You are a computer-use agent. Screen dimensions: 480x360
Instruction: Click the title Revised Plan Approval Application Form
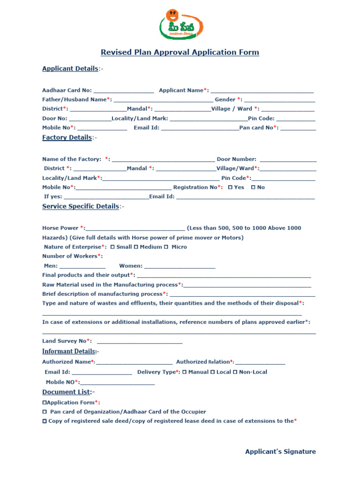click(180, 52)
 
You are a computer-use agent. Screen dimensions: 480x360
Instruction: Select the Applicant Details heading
click(70, 68)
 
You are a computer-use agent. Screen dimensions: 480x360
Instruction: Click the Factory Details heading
click(67, 137)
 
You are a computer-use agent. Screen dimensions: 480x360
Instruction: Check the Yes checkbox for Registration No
click(230, 187)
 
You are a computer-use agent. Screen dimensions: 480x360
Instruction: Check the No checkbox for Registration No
click(253, 187)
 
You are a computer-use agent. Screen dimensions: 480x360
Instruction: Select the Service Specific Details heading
click(81, 206)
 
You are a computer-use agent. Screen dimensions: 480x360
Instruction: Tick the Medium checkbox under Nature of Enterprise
click(136, 247)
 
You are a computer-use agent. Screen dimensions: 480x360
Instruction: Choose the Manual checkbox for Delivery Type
click(184, 372)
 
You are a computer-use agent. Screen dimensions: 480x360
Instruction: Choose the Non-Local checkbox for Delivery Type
click(235, 372)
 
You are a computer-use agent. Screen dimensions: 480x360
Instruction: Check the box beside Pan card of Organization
click(45, 412)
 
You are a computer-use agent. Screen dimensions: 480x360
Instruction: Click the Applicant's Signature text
click(280, 452)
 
